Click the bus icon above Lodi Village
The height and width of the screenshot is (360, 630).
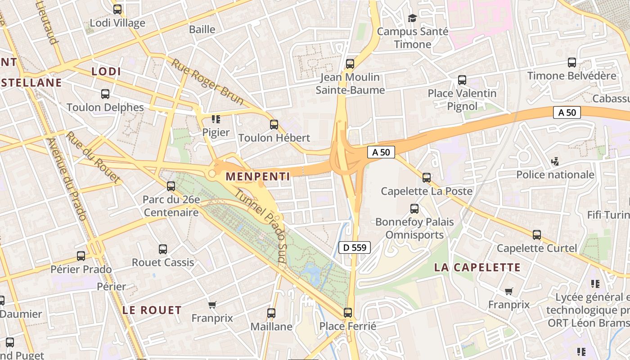tap(117, 9)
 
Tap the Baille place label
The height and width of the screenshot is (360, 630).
tap(202, 30)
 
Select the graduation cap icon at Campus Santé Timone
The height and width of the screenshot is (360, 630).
tap(412, 18)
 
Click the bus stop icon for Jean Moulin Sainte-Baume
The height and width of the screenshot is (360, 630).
tap(350, 64)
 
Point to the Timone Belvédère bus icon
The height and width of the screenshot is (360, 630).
tap(572, 63)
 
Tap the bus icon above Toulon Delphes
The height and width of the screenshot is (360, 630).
tap(105, 94)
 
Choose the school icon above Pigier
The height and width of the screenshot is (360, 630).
tap(216, 119)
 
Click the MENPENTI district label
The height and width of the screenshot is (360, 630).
tap(258, 176)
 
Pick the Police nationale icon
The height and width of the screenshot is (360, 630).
tap(555, 161)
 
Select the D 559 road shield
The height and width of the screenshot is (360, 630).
tap(355, 247)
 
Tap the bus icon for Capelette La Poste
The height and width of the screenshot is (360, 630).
tap(427, 178)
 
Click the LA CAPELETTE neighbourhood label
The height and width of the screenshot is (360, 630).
tap(477, 267)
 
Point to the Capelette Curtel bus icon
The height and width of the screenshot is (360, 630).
tap(537, 235)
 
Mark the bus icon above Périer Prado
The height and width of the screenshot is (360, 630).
tap(81, 256)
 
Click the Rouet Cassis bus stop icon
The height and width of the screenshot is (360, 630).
tap(163, 249)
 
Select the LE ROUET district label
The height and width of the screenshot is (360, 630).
tap(152, 310)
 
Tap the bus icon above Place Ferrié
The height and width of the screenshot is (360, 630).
tap(348, 312)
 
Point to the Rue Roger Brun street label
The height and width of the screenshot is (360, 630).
tap(207, 81)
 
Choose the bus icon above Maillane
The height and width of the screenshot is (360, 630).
tap(271, 313)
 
